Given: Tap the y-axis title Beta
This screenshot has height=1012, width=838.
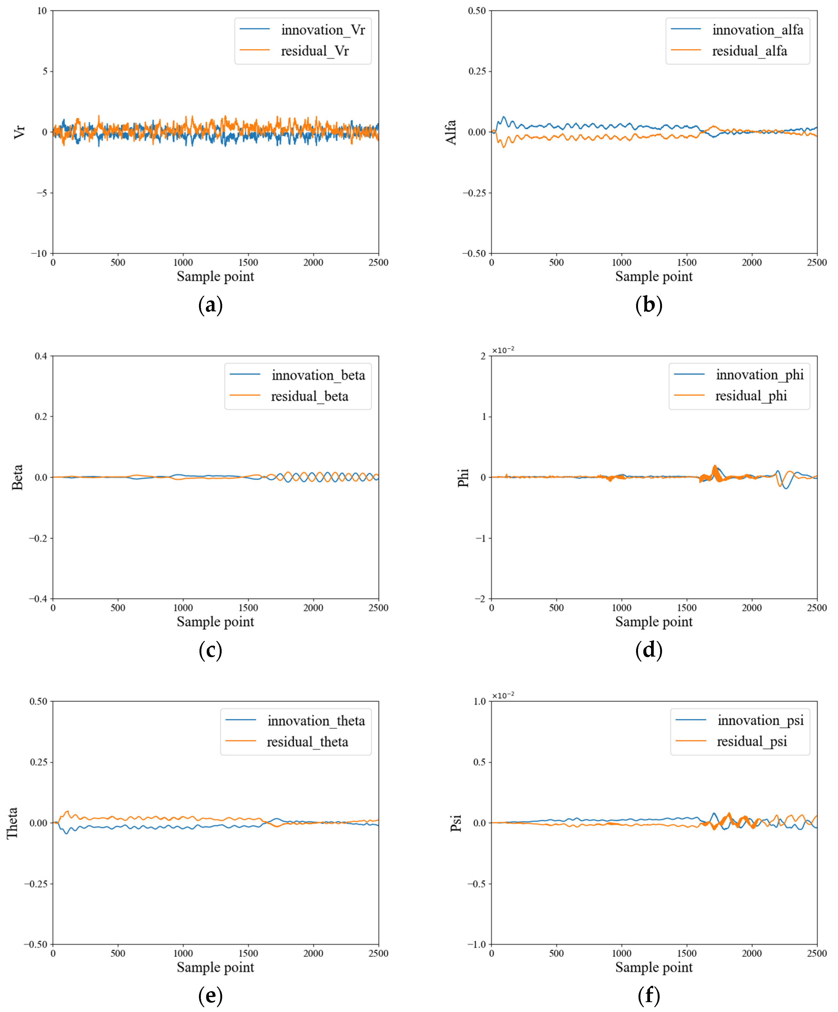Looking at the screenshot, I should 17,477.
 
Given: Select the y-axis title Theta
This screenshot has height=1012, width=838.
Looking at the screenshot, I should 13,823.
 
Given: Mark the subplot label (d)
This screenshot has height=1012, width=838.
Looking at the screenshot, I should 649,650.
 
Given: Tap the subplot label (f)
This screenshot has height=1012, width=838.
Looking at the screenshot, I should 649,996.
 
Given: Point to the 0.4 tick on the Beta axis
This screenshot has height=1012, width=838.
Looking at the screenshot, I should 41,356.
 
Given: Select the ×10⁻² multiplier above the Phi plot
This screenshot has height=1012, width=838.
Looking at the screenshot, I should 503,350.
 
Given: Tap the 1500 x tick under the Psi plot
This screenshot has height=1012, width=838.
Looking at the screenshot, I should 687,953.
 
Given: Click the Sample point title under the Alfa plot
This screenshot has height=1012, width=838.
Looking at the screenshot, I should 653,277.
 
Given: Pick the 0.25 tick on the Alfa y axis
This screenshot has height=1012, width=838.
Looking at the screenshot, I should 477,71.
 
